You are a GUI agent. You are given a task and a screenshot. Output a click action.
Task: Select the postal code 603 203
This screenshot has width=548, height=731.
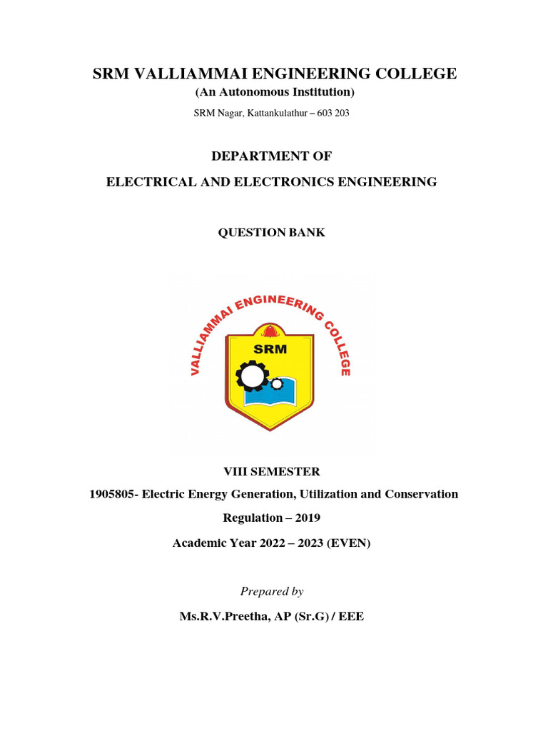pos(330,113)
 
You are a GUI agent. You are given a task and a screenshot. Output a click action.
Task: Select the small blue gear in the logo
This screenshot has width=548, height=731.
pos(277,385)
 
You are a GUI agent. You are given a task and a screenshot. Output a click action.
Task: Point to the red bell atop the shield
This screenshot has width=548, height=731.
pos(270,331)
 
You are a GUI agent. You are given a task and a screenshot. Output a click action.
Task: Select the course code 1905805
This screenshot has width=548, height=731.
pos(111,494)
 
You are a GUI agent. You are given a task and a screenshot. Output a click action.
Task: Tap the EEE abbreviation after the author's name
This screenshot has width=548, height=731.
pos(352,616)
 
